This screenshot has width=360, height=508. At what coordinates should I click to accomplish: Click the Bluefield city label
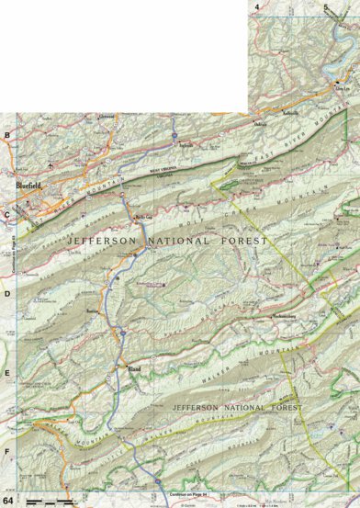coord(28,185)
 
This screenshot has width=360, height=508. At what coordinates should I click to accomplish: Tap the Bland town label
coord(132,370)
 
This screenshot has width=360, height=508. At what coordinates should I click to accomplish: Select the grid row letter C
coord(7,216)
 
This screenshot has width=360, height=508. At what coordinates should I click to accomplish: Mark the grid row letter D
coord(7,294)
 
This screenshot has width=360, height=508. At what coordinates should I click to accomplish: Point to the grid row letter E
coord(7,374)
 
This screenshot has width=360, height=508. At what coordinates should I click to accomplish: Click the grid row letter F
coord(7,452)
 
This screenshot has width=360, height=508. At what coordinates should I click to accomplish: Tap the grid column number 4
coord(257,6)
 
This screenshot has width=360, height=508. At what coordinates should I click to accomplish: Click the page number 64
coord(8,500)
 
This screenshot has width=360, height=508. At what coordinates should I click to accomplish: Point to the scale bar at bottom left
coord(51,500)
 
